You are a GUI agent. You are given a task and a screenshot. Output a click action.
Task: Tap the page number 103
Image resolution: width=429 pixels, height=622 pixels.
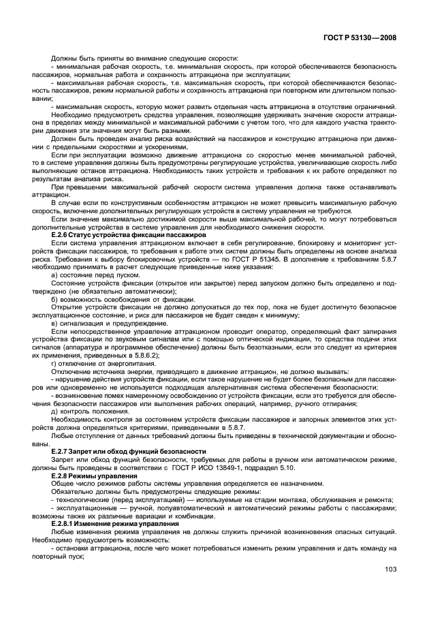pyautogui.click(x=388, y=588)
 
